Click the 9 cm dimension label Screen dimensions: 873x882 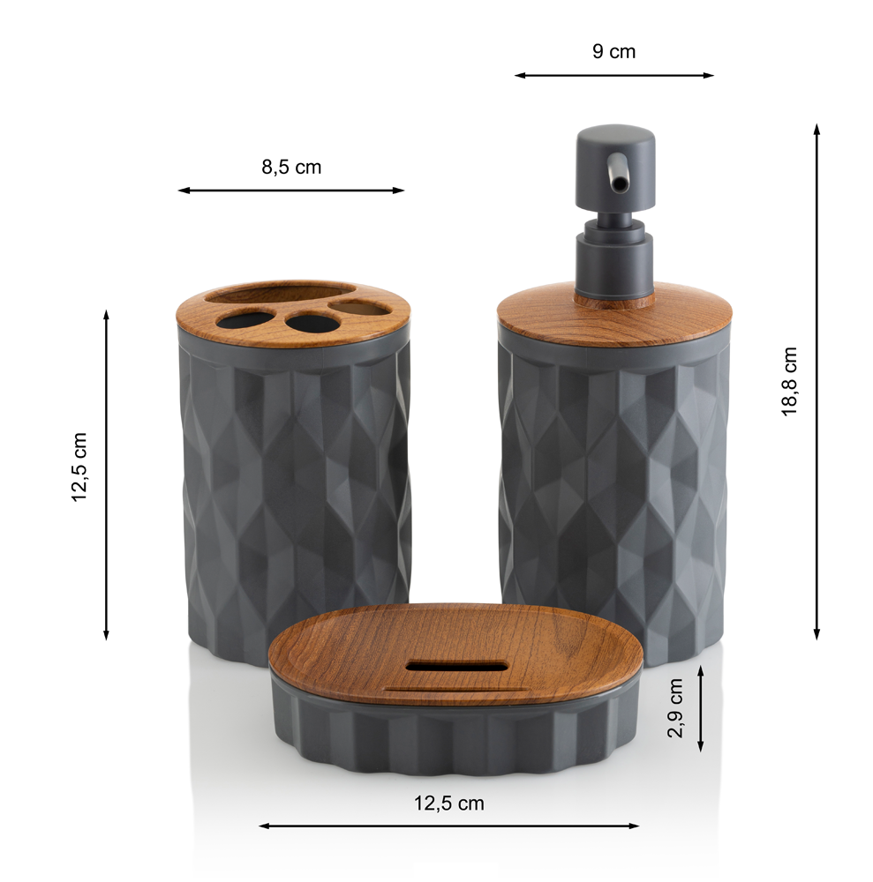[613, 52]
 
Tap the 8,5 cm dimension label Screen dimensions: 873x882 [291, 167]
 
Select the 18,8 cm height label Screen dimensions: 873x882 [790, 381]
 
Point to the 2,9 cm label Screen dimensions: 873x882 [675, 707]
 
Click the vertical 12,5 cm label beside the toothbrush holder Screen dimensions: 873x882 [79, 467]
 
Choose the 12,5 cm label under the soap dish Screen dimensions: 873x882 [448, 804]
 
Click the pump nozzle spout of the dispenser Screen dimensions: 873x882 [617, 175]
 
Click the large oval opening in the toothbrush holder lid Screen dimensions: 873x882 [280, 295]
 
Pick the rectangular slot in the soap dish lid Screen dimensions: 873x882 [456, 666]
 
